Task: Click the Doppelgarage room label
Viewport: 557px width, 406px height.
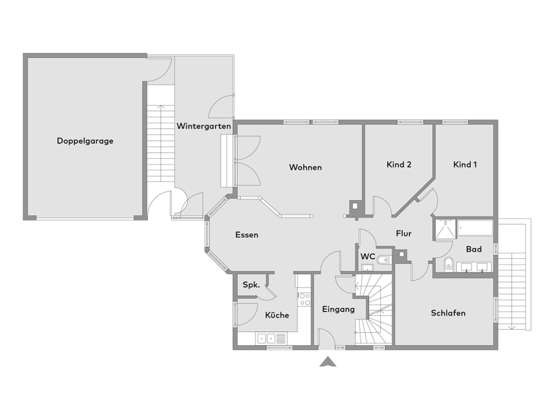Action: (x=85, y=141)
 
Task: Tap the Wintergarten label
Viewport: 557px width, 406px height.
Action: (x=204, y=126)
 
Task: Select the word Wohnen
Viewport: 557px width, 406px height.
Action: (x=305, y=167)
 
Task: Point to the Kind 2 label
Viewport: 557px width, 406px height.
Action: (x=399, y=165)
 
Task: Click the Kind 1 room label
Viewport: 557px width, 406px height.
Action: (x=465, y=165)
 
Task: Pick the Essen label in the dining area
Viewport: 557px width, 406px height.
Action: (x=247, y=235)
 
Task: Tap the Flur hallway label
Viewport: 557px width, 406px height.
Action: (x=404, y=233)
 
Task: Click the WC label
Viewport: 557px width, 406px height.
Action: (x=368, y=256)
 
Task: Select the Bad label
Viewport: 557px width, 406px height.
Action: (x=474, y=249)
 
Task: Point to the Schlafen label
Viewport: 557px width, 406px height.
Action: (x=447, y=313)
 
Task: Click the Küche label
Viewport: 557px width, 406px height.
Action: (x=276, y=315)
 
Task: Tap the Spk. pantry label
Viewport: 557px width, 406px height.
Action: (x=251, y=284)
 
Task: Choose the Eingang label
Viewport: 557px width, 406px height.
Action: (x=338, y=310)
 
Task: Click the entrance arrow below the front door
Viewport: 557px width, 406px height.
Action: (x=328, y=362)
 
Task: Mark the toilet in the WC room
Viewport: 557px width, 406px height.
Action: (x=384, y=259)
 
